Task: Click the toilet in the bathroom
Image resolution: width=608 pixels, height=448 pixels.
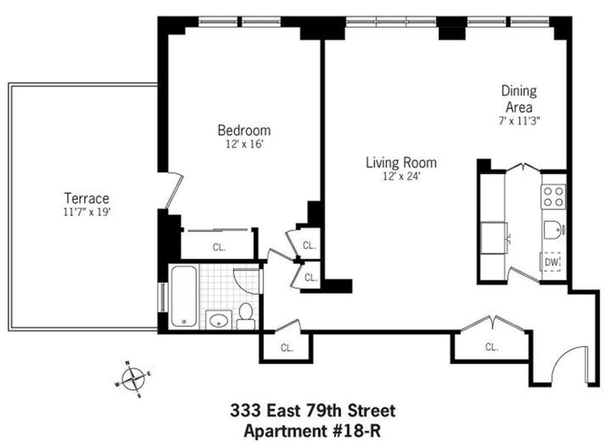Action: pyautogui.click(x=245, y=316)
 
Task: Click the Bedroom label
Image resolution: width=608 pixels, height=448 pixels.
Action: pyautogui.click(x=244, y=130)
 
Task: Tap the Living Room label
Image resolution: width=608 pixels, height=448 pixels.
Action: pyautogui.click(x=401, y=163)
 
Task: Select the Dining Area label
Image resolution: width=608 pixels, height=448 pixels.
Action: pyautogui.click(x=518, y=99)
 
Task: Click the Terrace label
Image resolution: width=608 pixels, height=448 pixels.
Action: pyautogui.click(x=86, y=198)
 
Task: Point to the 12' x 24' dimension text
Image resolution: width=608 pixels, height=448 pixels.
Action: pyautogui.click(x=401, y=176)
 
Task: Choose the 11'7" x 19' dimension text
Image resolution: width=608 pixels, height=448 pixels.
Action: pyautogui.click(x=86, y=212)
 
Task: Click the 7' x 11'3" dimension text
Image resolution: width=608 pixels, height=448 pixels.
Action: pyautogui.click(x=518, y=119)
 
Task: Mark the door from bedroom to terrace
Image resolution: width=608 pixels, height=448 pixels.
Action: pyautogui.click(x=174, y=190)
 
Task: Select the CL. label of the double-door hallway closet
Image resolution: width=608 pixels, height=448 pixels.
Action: pyautogui.click(x=491, y=347)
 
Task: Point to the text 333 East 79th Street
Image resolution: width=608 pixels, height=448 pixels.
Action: pyautogui.click(x=313, y=411)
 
